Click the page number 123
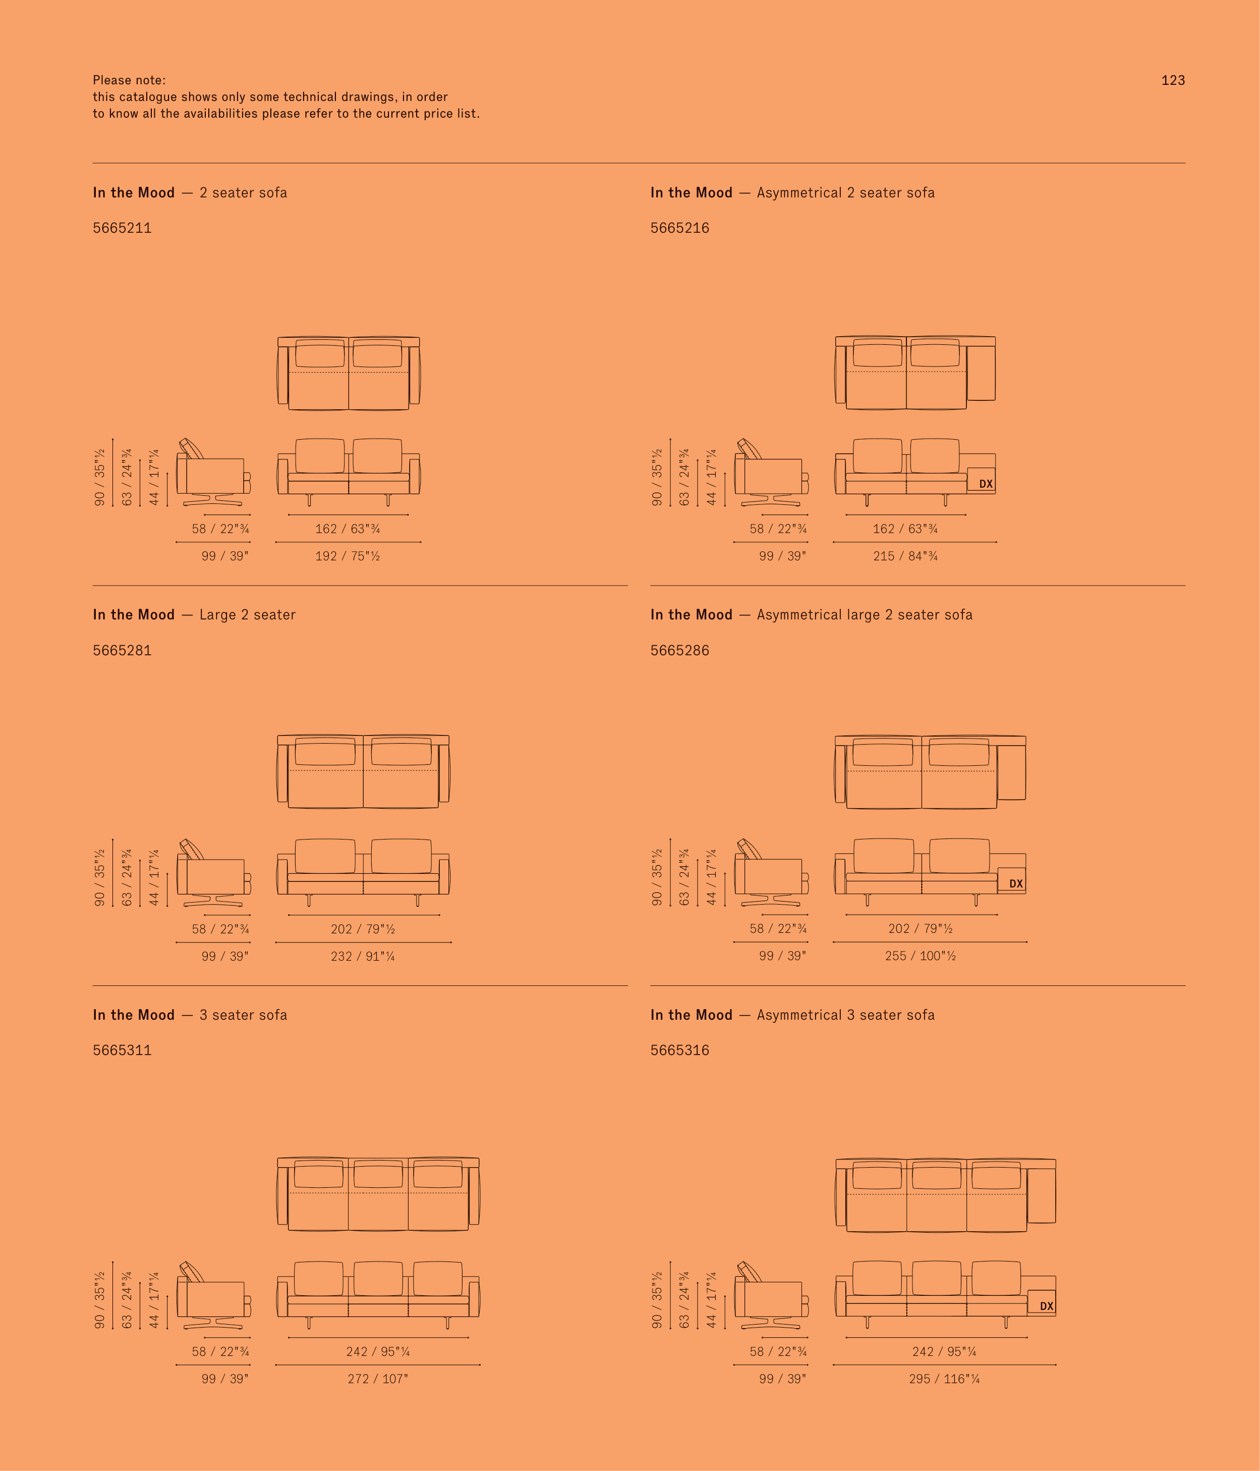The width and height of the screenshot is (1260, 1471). click(1173, 80)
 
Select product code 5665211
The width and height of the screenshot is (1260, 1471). click(122, 228)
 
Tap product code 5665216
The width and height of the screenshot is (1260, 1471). click(679, 228)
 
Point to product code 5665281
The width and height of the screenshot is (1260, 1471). click(122, 650)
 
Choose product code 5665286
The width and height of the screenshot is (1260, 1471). click(679, 650)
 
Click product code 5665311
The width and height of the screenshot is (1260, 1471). click(122, 1050)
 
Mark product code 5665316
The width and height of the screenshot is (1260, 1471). click(679, 1050)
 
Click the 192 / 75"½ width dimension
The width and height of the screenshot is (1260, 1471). click(348, 556)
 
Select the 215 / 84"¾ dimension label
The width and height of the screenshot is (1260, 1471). click(905, 556)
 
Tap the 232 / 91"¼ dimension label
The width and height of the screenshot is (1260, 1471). click(363, 956)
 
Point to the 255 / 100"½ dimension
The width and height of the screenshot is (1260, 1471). click(920, 956)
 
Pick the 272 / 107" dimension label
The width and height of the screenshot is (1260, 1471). click(377, 1379)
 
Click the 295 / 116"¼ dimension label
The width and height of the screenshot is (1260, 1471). click(944, 1379)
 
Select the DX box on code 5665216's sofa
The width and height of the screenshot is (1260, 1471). click(981, 480)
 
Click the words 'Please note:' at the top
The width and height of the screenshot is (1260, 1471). click(129, 80)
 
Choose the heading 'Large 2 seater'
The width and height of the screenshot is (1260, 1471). click(248, 615)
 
